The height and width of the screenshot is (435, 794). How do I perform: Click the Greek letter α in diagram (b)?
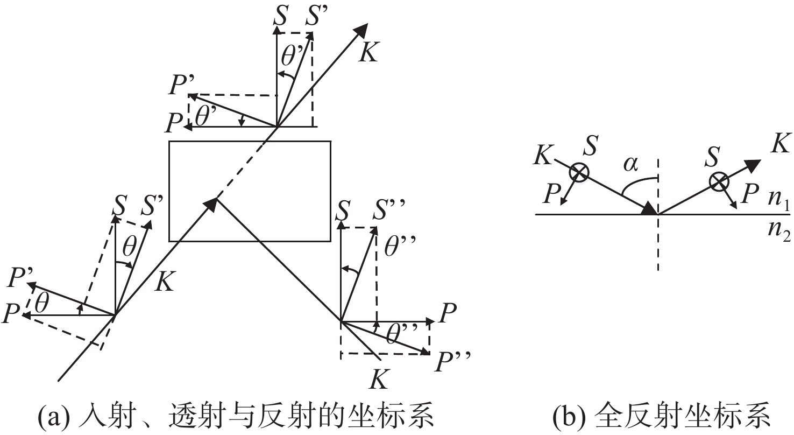click(x=631, y=164)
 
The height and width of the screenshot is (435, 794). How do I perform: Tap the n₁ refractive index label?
click(x=779, y=200)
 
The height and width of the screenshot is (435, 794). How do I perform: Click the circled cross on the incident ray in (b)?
click(x=579, y=173)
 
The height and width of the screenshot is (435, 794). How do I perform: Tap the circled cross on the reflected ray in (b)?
click(x=719, y=182)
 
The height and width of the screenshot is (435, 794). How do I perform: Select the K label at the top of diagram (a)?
click(x=368, y=53)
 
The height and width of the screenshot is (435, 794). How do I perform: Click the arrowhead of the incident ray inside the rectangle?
click(x=211, y=205)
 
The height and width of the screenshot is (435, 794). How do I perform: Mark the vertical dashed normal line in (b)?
click(x=658, y=215)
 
